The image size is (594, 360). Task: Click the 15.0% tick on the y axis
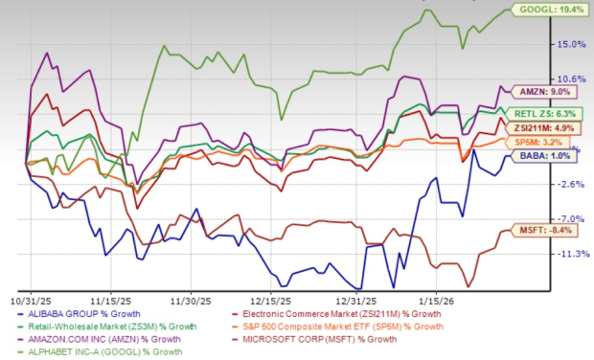pos(572,43)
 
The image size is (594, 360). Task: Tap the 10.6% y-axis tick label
pos(572,79)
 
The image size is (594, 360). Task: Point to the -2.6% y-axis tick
pos(572,183)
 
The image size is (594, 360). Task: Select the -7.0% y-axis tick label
pos(572,218)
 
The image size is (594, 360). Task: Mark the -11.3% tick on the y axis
pos(572,254)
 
